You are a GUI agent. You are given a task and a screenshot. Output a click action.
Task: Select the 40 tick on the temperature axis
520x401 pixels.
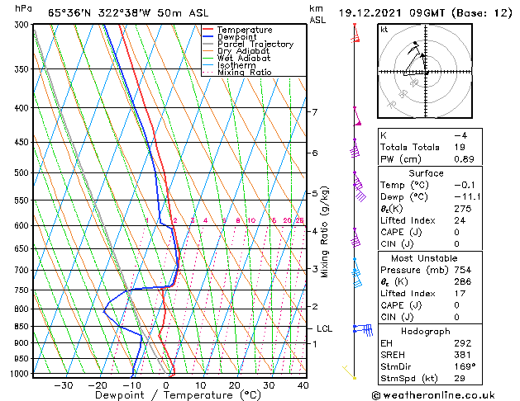point(303,384)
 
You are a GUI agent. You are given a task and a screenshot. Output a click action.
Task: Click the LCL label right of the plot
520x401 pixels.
point(324,328)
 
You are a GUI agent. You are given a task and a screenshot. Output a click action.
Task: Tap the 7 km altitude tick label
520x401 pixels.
point(314,111)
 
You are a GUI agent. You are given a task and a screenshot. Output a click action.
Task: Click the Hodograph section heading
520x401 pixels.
point(425,331)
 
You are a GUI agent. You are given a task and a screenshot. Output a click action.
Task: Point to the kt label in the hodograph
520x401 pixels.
point(384,29)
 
